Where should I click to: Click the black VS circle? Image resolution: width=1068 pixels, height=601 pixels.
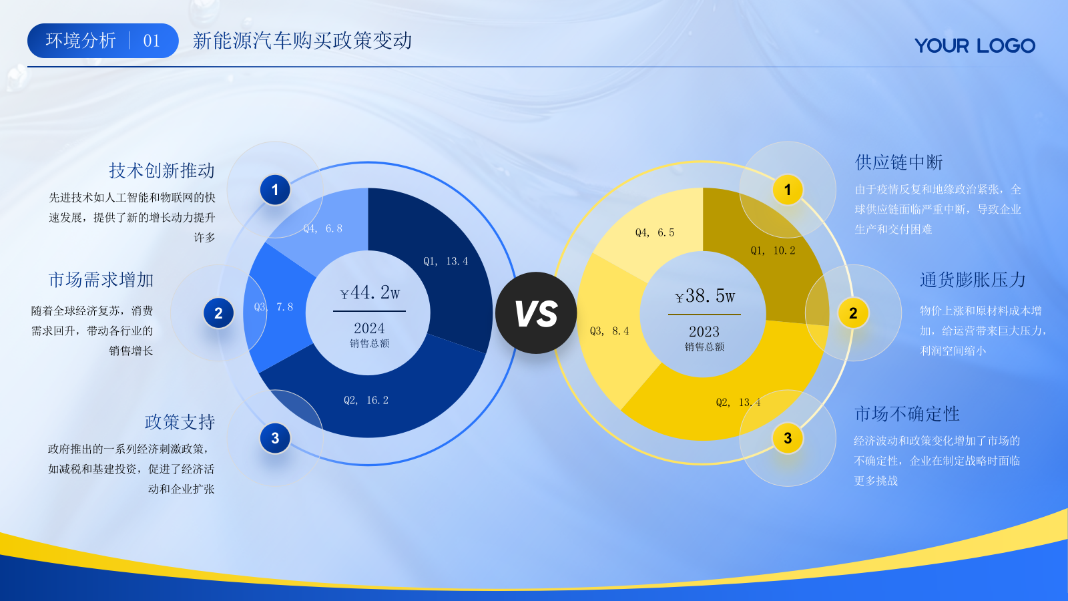tap(536, 313)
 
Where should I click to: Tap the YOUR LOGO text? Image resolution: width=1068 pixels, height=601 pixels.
tap(975, 45)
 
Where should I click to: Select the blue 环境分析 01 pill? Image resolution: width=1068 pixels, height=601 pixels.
tap(103, 41)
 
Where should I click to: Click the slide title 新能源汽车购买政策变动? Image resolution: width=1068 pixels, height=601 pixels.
tap(302, 41)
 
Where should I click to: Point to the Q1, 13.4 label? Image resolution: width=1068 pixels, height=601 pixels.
tap(446, 261)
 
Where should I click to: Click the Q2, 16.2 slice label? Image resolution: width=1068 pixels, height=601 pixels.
tap(366, 400)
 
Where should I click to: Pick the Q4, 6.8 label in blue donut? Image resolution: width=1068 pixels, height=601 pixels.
tap(322, 228)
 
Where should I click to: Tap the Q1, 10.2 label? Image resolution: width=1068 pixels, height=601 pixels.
tap(773, 250)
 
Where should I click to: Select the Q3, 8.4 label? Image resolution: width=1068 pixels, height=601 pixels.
tap(609, 331)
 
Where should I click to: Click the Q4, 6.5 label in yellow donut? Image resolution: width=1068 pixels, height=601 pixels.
tap(655, 232)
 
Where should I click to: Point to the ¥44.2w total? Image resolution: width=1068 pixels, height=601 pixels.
tap(370, 292)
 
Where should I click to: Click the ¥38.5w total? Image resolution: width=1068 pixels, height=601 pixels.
tap(705, 296)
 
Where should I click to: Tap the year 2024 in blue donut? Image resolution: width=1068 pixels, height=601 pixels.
tap(369, 328)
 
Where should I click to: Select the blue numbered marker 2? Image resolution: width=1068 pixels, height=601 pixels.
tap(218, 313)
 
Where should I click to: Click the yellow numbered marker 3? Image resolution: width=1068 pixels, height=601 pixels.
tap(788, 438)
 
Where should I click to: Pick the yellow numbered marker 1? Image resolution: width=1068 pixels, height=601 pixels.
tap(788, 190)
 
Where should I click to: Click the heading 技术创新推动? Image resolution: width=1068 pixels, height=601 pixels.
tap(162, 170)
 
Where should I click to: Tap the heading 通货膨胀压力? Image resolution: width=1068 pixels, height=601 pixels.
tap(973, 280)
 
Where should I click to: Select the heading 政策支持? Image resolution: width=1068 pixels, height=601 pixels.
tap(180, 422)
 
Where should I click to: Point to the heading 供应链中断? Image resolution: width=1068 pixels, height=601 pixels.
tap(898, 162)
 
